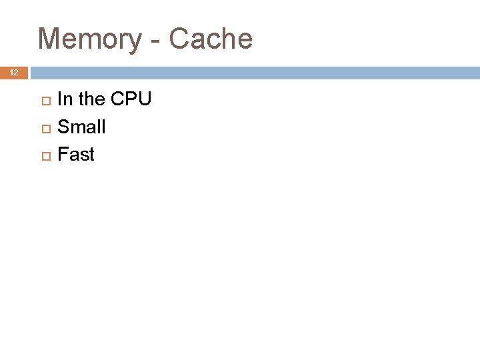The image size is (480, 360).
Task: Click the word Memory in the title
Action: point(89,39)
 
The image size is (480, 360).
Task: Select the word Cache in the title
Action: point(211,39)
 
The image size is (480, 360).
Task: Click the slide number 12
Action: point(14,73)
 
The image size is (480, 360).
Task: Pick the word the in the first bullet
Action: point(92,99)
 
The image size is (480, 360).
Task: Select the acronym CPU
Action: point(131,99)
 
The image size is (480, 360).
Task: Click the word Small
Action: point(81,127)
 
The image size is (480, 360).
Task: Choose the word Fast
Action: point(76,155)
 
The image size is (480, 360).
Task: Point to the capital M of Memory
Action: point(50,39)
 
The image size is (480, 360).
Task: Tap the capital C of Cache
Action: point(179,39)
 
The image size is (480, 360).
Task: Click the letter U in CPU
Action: point(145,99)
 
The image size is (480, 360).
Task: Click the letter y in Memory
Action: point(135,42)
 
